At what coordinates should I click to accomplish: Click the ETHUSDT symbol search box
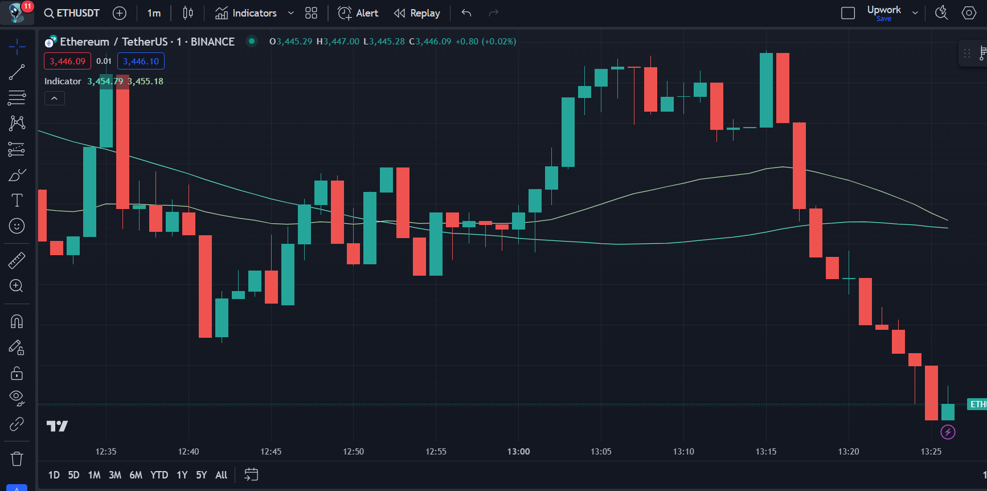72,13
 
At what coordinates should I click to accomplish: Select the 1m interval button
154,13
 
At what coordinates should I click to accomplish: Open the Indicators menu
247,13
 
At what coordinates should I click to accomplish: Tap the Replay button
417,13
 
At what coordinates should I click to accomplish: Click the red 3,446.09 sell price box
67,61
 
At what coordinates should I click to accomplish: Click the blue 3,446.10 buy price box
141,61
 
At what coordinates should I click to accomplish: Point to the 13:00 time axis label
518,452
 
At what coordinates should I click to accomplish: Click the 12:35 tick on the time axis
106,452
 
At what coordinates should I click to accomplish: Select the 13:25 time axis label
931,452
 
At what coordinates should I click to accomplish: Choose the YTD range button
159,475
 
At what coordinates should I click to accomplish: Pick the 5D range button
73,475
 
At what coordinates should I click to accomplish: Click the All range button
221,475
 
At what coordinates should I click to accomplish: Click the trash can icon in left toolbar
17,459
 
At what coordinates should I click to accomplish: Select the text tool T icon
17,201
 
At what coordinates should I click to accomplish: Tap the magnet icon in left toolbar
17,322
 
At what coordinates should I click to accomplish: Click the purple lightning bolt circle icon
948,432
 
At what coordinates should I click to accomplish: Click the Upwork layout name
883,10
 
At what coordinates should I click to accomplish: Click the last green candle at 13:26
948,412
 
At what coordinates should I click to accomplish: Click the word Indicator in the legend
63,81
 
